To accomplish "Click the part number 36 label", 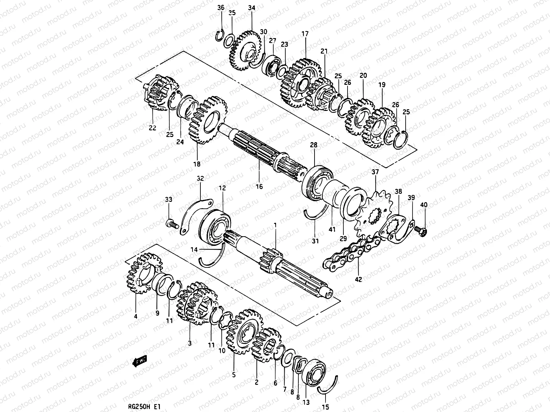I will tap(221, 8).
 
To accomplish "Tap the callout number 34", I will tap(252, 8).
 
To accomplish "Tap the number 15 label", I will tap(326, 408).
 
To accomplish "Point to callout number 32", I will tap(200, 179).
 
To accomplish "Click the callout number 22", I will tap(152, 128).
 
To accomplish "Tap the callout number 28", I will tap(313, 146).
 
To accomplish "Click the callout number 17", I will tap(305, 34).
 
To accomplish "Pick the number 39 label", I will tap(411, 197).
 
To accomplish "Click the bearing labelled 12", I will tap(215, 228).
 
